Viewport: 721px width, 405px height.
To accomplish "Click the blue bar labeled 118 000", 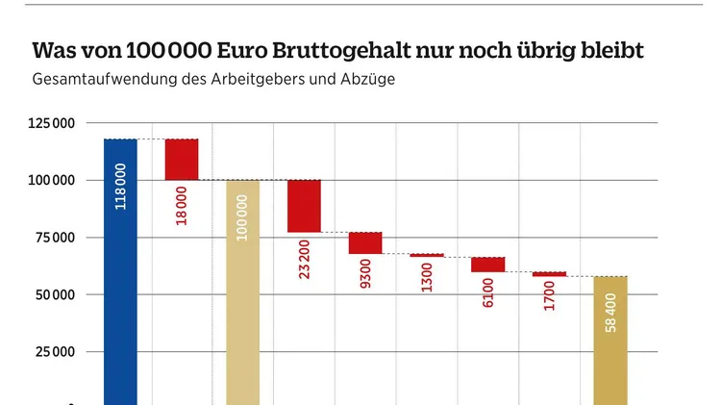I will (x=120, y=269).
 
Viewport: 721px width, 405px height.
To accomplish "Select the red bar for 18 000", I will (x=182, y=160).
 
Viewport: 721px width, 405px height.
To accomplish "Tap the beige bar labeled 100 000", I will (x=242, y=289).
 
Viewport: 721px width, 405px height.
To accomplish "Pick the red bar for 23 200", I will (x=304, y=206).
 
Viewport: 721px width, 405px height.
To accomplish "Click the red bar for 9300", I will (x=365, y=242).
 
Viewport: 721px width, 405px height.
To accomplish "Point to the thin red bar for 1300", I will (x=427, y=255).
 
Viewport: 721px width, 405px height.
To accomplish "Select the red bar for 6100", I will (x=487, y=264).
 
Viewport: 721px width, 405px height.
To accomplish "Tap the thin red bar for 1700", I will (x=549, y=274).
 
